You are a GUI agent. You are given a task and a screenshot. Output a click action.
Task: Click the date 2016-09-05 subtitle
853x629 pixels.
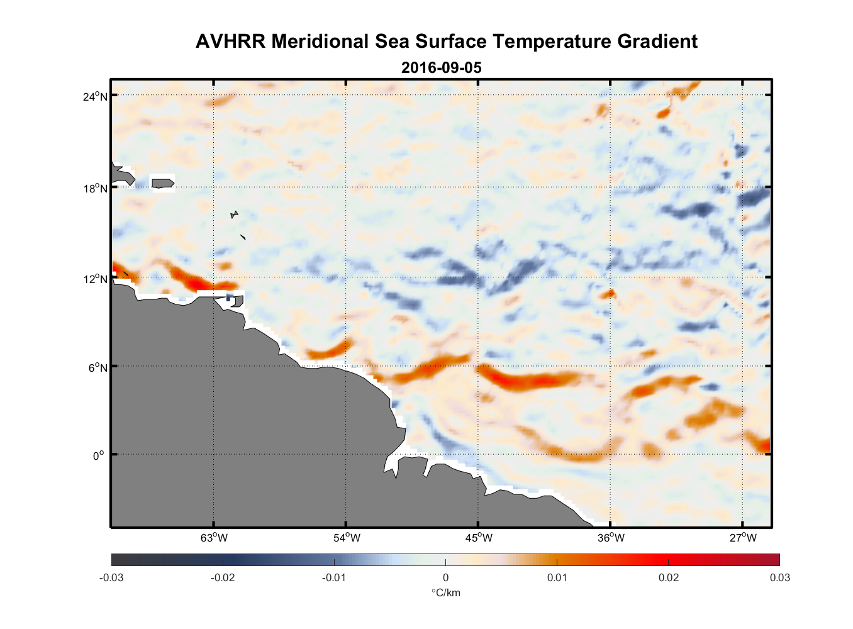coord(441,68)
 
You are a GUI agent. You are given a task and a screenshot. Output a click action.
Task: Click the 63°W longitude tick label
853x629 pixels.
coord(214,538)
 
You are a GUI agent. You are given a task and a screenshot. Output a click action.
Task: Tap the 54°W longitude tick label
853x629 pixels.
coord(347,538)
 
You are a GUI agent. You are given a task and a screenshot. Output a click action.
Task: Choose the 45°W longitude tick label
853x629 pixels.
coord(479,538)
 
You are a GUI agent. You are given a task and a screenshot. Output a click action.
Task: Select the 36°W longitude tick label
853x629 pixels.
coord(611,538)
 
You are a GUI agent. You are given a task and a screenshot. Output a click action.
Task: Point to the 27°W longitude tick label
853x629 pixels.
coord(743,538)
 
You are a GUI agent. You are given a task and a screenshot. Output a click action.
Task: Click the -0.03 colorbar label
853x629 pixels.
coord(111,578)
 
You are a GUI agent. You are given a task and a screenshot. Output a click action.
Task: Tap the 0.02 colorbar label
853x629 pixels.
coord(669,578)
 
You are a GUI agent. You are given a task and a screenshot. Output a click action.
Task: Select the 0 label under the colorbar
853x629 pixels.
coord(445,578)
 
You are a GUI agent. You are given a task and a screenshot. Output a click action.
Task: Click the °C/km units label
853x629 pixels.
coord(445,593)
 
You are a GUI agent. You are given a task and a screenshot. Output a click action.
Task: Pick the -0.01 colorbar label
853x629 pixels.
coord(334,578)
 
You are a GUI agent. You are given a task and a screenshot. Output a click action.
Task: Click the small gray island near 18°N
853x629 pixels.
coord(163,183)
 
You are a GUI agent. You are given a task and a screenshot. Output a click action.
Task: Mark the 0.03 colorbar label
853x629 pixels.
coord(779,578)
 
